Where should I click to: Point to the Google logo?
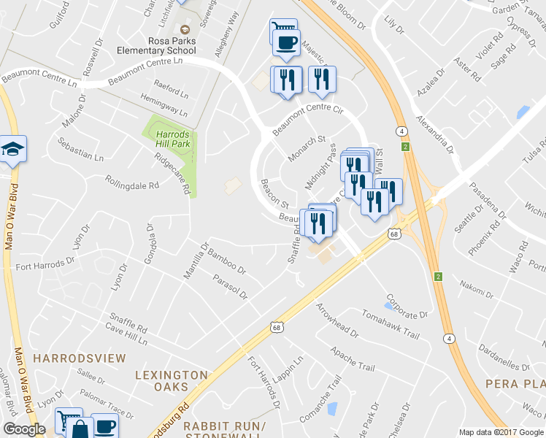(x=24, y=429)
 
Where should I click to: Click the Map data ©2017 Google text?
(x=501, y=432)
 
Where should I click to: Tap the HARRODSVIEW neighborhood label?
(x=80, y=359)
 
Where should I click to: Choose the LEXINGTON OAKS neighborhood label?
(x=172, y=380)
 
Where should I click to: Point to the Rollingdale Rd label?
(x=131, y=182)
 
